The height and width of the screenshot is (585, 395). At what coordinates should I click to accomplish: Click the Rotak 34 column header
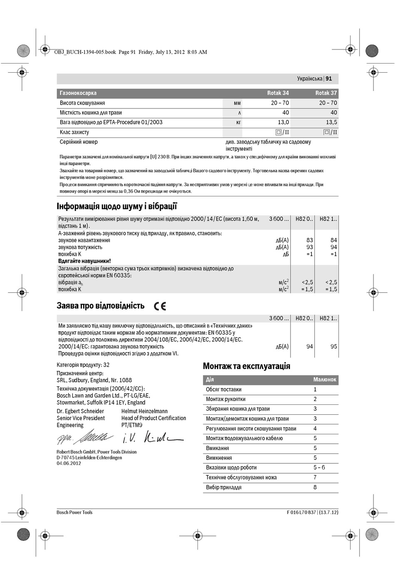tap(278, 93)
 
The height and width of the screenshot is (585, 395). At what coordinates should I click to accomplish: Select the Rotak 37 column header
tap(326, 93)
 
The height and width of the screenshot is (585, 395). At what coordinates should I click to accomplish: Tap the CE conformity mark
tap(160, 306)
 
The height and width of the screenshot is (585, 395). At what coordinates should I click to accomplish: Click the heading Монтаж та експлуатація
tap(246, 366)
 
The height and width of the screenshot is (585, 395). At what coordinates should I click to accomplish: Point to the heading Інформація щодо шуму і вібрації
tap(117, 206)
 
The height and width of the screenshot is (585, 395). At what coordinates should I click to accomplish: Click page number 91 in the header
tap(329, 78)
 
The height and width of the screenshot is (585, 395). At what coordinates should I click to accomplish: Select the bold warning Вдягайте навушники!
tap(84, 261)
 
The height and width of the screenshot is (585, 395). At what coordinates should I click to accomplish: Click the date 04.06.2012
tap(69, 463)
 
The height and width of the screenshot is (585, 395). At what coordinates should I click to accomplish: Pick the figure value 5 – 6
tap(319, 468)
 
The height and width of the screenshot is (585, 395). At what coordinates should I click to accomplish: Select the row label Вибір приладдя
tap(224, 487)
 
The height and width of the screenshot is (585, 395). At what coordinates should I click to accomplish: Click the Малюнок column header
tap(325, 379)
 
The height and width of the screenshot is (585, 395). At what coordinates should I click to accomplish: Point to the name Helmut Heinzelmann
tap(144, 411)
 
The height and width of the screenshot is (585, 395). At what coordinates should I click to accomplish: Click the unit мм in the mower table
tap(237, 103)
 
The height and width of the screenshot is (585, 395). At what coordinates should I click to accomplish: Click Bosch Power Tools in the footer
tap(74, 512)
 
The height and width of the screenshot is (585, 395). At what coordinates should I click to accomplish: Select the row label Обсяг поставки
tap(224, 389)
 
